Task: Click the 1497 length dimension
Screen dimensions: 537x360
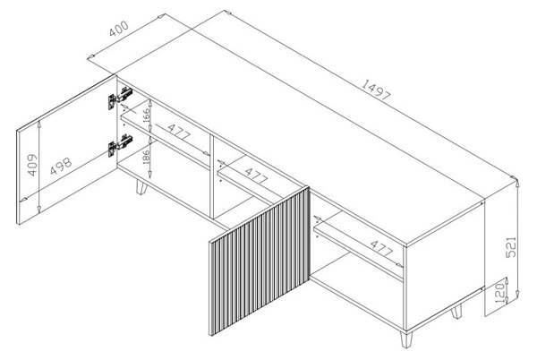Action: (376, 90)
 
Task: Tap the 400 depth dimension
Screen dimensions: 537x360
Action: (118, 29)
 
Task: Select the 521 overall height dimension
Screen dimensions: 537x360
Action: (511, 246)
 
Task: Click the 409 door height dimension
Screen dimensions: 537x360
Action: (32, 165)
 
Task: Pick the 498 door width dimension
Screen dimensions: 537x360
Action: (61, 166)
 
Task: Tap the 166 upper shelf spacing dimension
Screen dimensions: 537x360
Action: (146, 116)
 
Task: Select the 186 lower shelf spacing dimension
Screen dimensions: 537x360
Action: (146, 158)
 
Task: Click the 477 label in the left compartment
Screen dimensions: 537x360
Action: (179, 132)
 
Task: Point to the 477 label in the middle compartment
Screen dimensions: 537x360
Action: (256, 176)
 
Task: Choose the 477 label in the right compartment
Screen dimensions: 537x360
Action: (381, 249)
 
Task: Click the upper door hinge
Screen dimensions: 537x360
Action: (120, 98)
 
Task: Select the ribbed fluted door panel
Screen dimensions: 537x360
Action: (260, 261)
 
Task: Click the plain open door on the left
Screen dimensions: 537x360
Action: (67, 150)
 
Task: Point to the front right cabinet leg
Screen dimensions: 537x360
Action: (406, 339)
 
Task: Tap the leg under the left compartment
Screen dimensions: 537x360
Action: (141, 186)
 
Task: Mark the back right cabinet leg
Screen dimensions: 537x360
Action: (456, 311)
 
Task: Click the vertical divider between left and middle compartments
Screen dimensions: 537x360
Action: (212, 176)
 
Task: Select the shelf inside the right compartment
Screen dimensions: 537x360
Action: (359, 246)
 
